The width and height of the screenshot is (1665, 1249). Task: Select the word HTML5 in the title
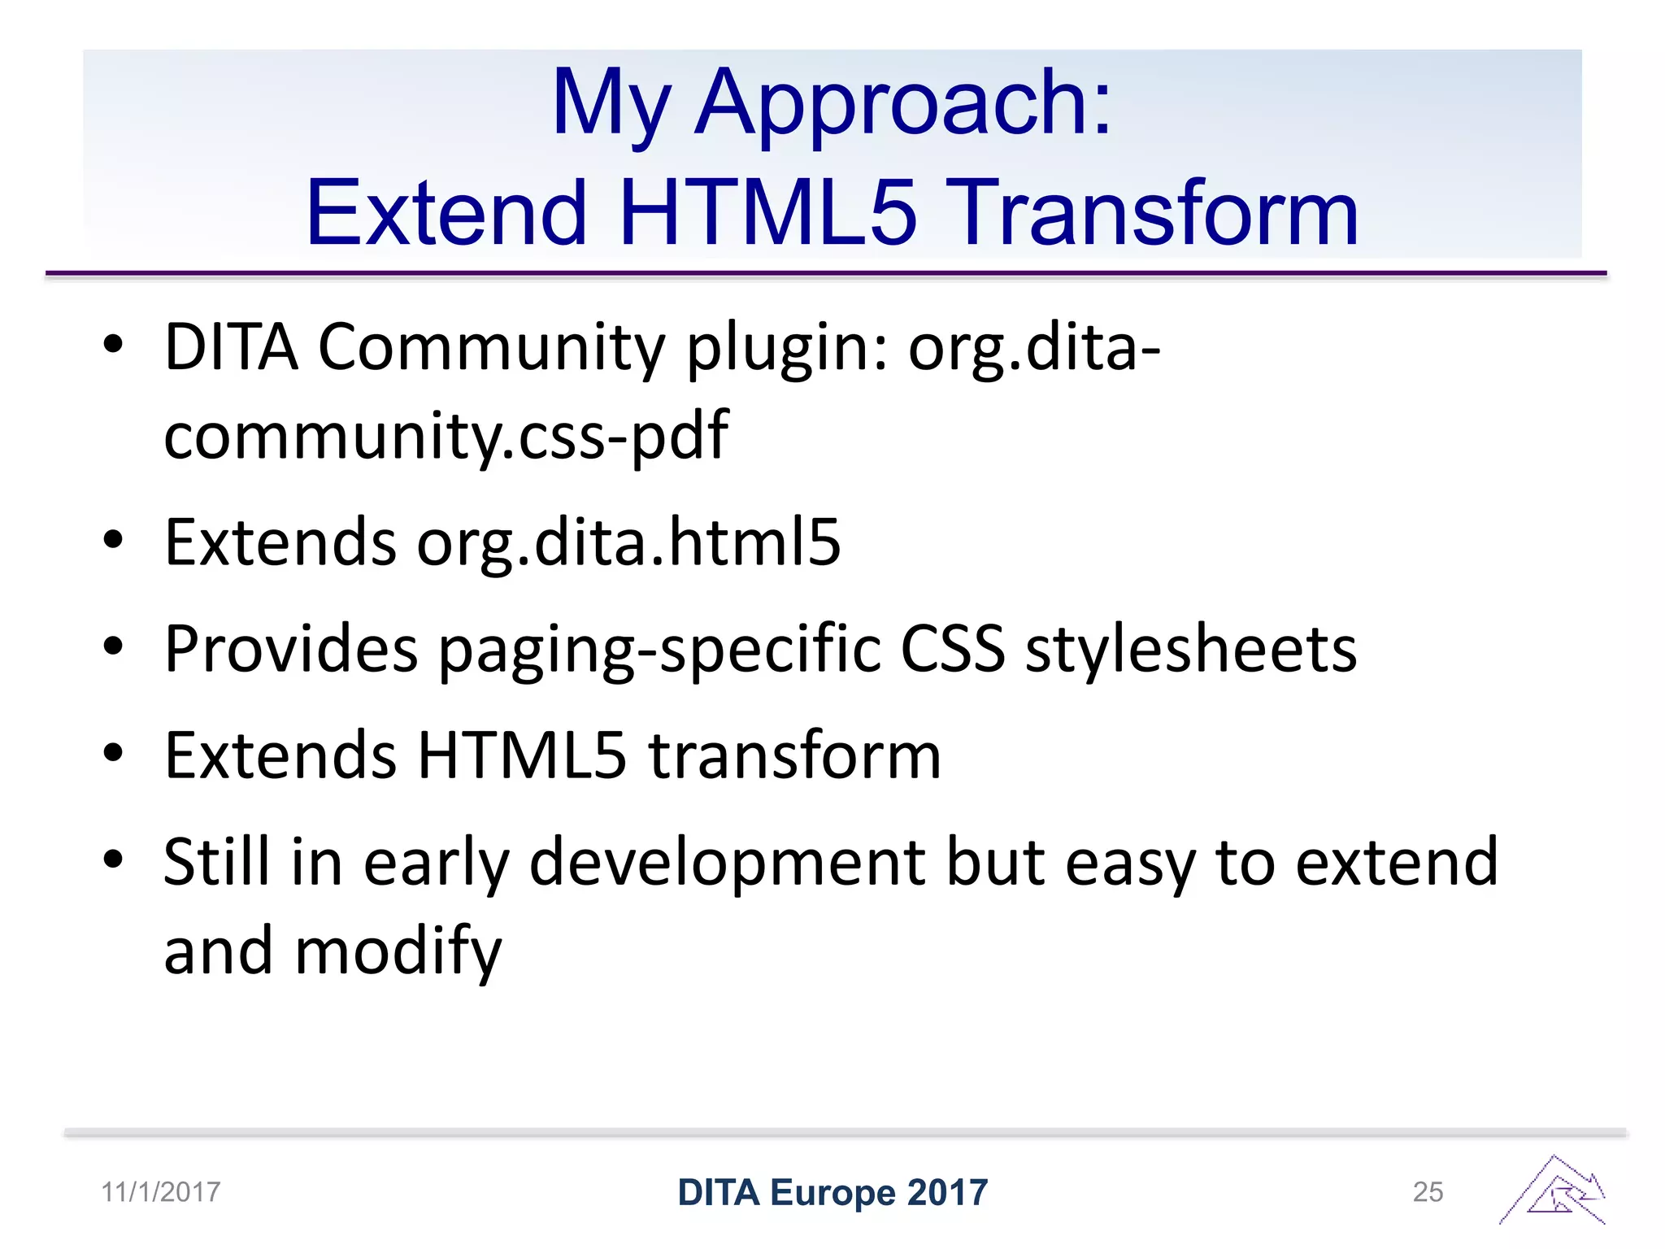pos(767,213)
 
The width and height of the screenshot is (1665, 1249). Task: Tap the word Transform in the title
pos(1154,213)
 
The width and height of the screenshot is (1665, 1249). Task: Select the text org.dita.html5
pos(628,543)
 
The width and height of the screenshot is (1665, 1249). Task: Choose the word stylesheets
pos(1190,650)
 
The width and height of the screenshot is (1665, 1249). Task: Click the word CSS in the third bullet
pos(952,650)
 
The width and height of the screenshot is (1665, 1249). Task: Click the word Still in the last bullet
pos(216,862)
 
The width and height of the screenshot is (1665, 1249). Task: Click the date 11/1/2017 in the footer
pos(161,1192)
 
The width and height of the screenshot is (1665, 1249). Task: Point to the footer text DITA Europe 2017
pos(832,1192)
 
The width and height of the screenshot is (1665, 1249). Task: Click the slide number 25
pos(1428,1192)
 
